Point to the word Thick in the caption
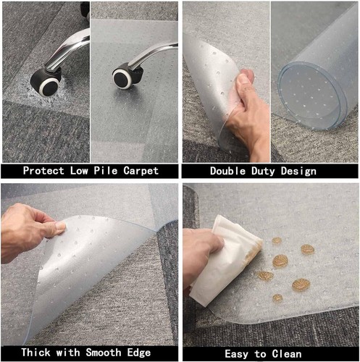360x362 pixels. coord(37,353)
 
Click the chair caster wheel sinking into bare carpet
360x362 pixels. coord(45,82)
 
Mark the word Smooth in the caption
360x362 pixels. coord(104,353)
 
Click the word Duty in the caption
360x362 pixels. coord(263,171)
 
